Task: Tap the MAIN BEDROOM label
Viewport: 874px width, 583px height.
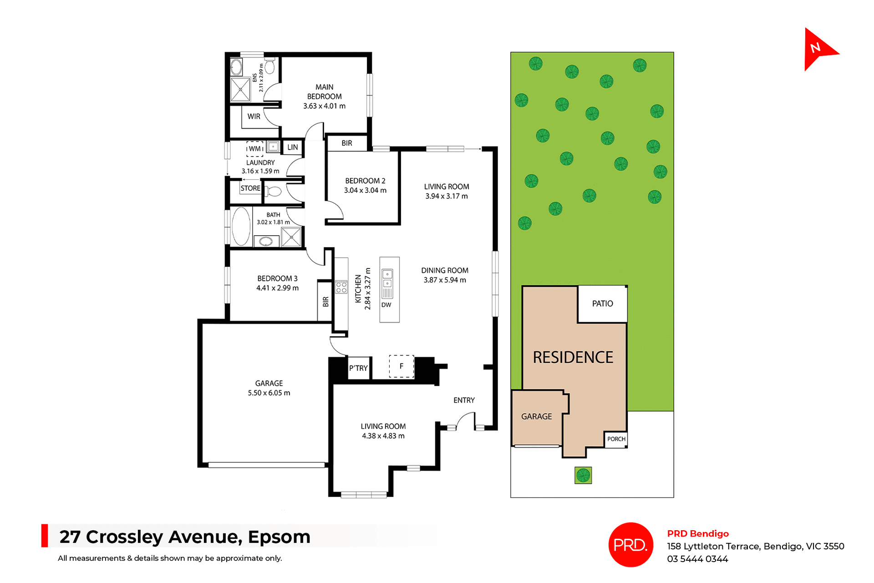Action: click(324, 91)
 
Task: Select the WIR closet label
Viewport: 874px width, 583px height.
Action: click(254, 117)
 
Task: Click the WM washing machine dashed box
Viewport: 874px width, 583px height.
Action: click(255, 149)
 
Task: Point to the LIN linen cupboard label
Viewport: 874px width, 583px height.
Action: click(293, 147)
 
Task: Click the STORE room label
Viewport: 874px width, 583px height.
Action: click(250, 188)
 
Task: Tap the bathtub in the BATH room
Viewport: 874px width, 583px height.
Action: click(241, 226)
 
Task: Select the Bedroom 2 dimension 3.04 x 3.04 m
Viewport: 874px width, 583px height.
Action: click(365, 190)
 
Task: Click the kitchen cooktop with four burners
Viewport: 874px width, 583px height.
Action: click(341, 287)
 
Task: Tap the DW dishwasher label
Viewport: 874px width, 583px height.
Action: click(386, 305)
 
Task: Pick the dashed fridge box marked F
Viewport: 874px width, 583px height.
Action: click(401, 366)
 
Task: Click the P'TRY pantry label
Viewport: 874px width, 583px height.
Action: click(358, 368)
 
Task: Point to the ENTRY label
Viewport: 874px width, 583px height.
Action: click(464, 400)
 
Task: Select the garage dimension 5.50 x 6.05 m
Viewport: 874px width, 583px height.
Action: click(269, 393)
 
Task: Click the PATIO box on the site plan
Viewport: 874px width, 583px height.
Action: click(602, 304)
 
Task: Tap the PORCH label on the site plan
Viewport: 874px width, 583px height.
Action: click(616, 439)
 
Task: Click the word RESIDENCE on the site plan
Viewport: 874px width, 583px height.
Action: click(573, 357)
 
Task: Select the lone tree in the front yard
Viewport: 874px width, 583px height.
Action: click(583, 475)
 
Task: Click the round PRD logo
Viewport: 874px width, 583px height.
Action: click(630, 544)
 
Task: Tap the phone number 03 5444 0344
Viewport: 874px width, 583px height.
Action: click(697, 559)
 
